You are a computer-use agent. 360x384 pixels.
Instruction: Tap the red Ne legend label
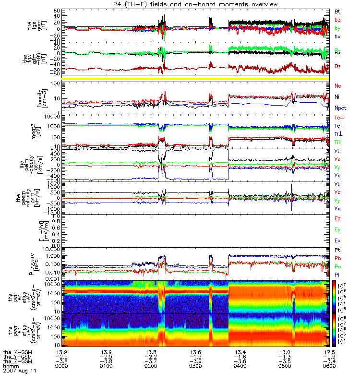[337, 85]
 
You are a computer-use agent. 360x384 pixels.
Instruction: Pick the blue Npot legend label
[340, 108]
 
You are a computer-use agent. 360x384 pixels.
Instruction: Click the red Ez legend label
[337, 219]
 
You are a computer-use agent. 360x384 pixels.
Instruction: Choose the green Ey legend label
[337, 229]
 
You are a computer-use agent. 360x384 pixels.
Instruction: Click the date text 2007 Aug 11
[20, 371]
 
